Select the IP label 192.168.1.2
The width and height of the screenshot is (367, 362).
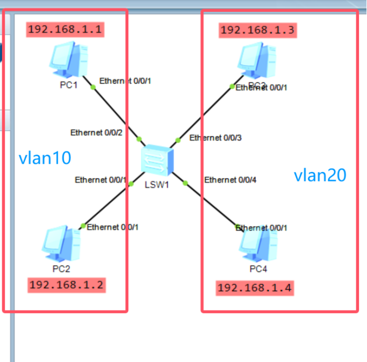pos(67,285)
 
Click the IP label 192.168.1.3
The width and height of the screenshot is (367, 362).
pos(257,30)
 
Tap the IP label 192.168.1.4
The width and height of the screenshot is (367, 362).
pos(255,288)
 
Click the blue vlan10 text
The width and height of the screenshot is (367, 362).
pos(45,158)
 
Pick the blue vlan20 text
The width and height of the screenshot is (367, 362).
pos(320,175)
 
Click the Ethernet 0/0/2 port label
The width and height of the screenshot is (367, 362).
pos(96,133)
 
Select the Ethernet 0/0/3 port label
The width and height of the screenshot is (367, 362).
pos(215,138)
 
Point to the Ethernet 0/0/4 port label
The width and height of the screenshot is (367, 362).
pos(230,179)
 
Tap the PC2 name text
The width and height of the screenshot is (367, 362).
pos(60,268)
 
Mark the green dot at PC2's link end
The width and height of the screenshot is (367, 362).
pos(83,226)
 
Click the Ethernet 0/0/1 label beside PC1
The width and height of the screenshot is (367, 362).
pos(125,81)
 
